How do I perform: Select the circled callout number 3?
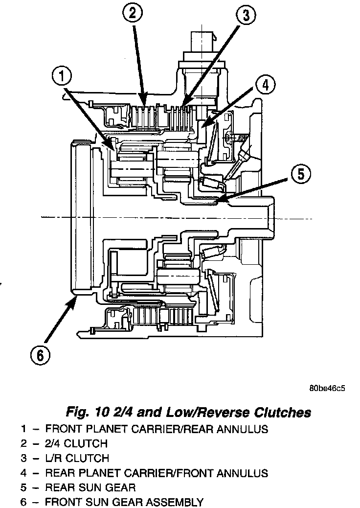[x=246, y=16]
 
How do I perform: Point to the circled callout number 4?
[x=264, y=85]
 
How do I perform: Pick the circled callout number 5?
[x=300, y=174]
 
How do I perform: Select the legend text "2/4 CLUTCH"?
[x=76, y=444]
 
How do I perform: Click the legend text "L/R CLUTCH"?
[x=77, y=459]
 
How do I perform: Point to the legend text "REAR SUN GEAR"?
[x=90, y=487]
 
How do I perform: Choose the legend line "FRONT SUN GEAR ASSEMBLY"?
[x=124, y=502]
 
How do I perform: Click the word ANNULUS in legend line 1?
[x=241, y=429]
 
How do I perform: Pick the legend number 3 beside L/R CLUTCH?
[x=23, y=459]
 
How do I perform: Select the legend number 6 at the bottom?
[x=23, y=502]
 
